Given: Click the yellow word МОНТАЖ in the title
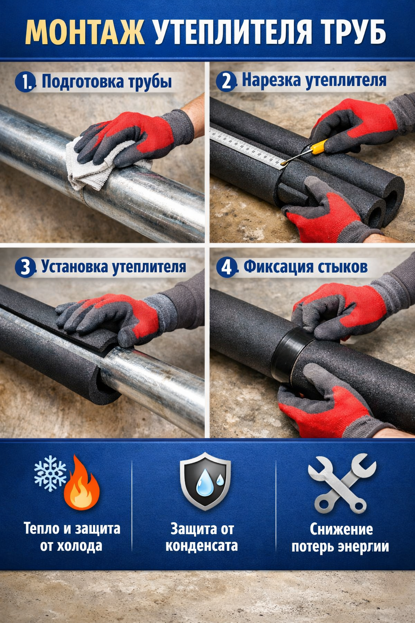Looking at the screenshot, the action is pyautogui.click(x=85, y=32).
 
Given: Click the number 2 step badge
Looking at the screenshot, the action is pyautogui.click(x=226, y=81).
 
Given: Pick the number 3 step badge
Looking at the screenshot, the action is pyautogui.click(x=25, y=267).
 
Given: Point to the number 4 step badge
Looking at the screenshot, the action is pyautogui.click(x=227, y=267).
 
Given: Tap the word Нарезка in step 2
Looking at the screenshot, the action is pyautogui.click(x=271, y=80).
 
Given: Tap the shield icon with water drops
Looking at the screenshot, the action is pyautogui.click(x=205, y=481).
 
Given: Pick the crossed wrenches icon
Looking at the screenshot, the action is pyautogui.click(x=342, y=483).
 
